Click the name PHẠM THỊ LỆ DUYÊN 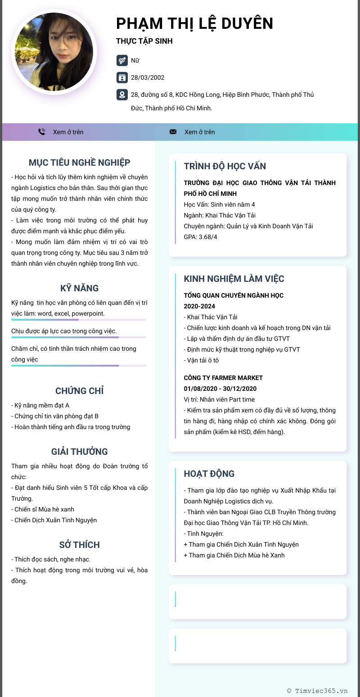point(194,23)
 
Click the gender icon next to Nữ point(121,60)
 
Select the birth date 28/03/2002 point(148,77)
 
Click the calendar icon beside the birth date point(121,77)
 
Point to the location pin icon point(121,95)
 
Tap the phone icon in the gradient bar point(42,132)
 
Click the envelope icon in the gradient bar point(173,132)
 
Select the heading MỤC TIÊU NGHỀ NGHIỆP point(79,163)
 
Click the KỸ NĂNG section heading point(79,288)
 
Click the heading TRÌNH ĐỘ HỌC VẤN point(225,166)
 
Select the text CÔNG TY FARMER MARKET point(223,378)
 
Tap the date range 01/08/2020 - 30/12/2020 point(220,389)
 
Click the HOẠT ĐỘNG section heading point(209,474)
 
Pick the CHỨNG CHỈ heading point(79,391)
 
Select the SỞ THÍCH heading point(79,545)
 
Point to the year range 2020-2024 point(199,306)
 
